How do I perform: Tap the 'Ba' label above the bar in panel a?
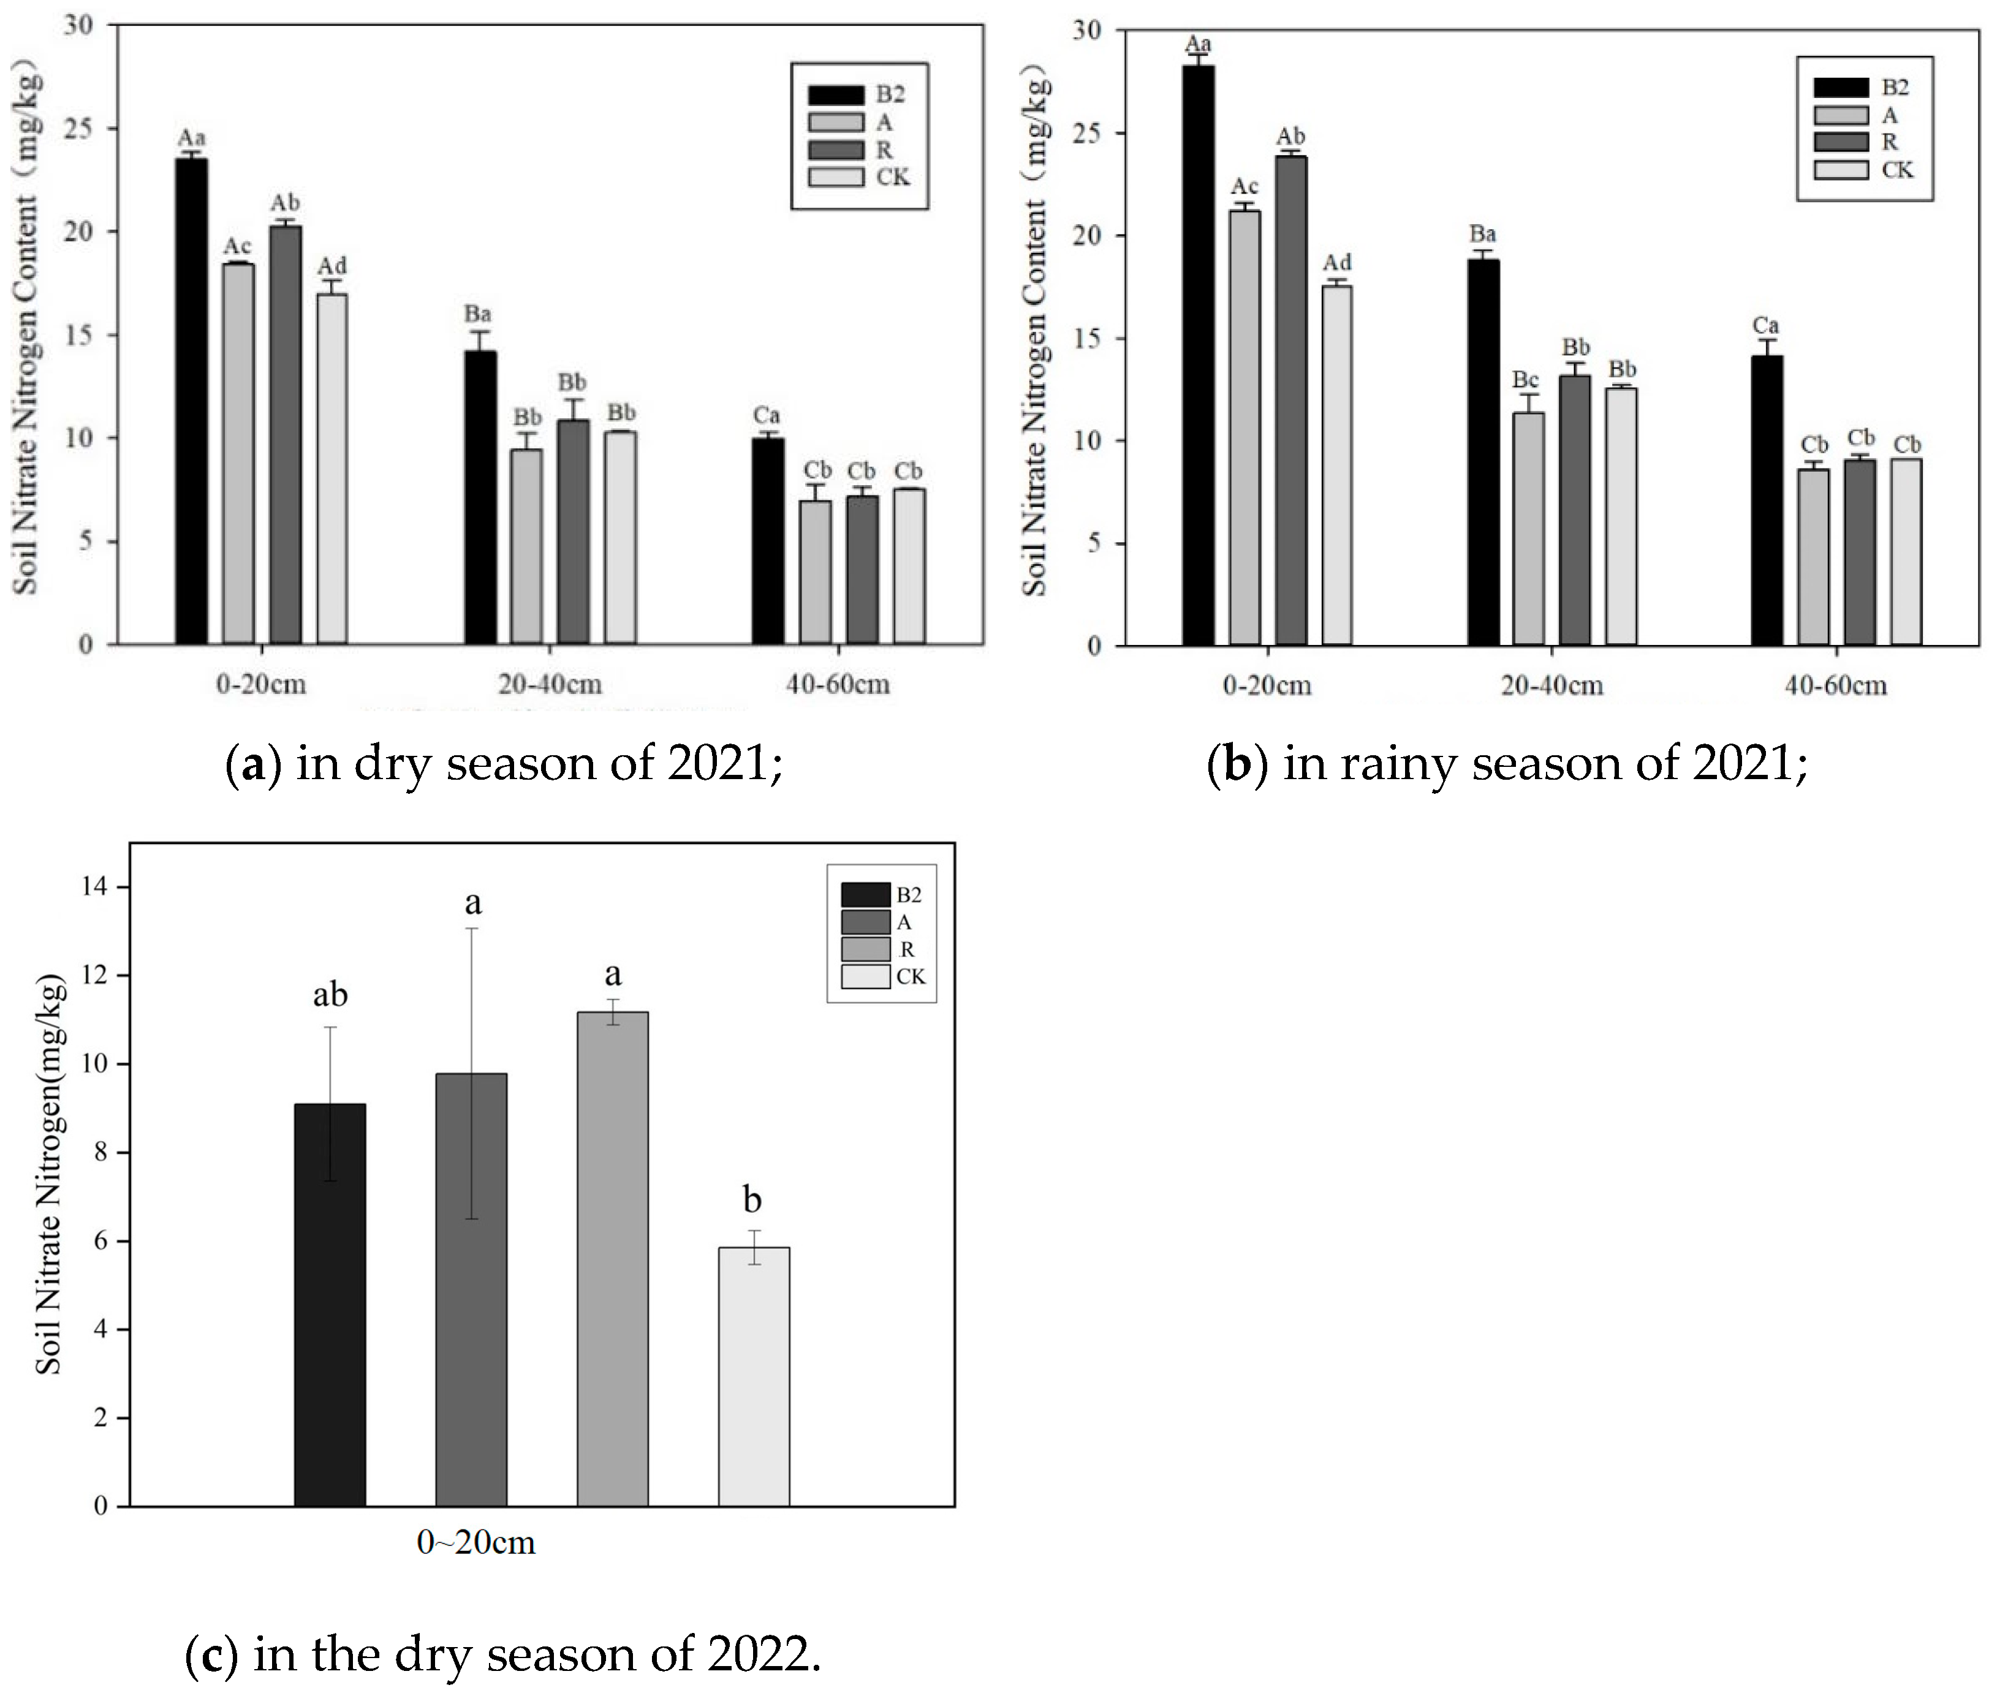point(477,314)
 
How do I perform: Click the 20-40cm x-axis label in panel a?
point(549,684)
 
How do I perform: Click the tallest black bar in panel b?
point(1198,355)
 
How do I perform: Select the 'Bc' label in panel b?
point(1525,380)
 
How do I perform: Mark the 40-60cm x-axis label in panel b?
point(1835,685)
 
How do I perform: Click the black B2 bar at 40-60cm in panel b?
point(1767,500)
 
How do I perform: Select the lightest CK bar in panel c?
point(754,1376)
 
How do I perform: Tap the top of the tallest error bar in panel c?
point(471,928)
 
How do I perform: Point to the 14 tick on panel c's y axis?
point(94,886)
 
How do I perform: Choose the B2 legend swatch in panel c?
point(865,894)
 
